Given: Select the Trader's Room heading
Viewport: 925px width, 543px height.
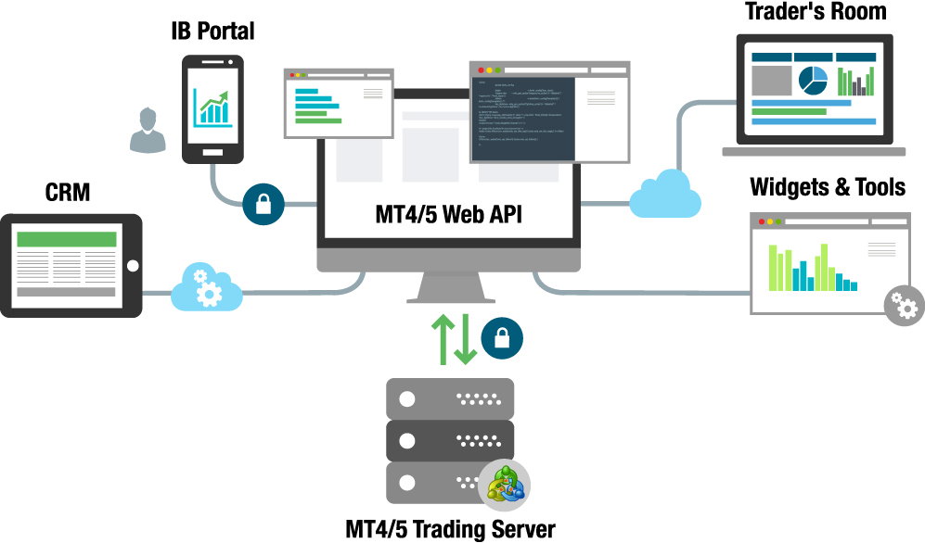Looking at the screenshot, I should point(816,12).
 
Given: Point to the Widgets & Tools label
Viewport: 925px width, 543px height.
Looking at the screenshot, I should point(828,187).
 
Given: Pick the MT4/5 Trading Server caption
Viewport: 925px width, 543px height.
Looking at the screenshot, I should point(450,529).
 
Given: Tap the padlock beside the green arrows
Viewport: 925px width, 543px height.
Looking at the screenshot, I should point(502,338).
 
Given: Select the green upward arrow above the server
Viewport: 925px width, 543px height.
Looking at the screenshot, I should point(443,339).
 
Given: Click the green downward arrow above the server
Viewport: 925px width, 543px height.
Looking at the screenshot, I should point(466,339).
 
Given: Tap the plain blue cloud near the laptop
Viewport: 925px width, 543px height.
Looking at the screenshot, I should point(664,193).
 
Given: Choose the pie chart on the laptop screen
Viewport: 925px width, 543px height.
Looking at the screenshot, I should point(813,81).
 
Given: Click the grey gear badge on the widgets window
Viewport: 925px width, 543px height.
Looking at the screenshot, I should point(904,304).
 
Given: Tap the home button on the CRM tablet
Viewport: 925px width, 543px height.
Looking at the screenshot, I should point(132,266).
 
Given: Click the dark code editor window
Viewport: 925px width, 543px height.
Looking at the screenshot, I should point(523,117).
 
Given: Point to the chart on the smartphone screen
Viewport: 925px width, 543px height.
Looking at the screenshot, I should point(213,107).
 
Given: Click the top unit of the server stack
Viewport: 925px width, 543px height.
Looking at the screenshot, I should point(450,398).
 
